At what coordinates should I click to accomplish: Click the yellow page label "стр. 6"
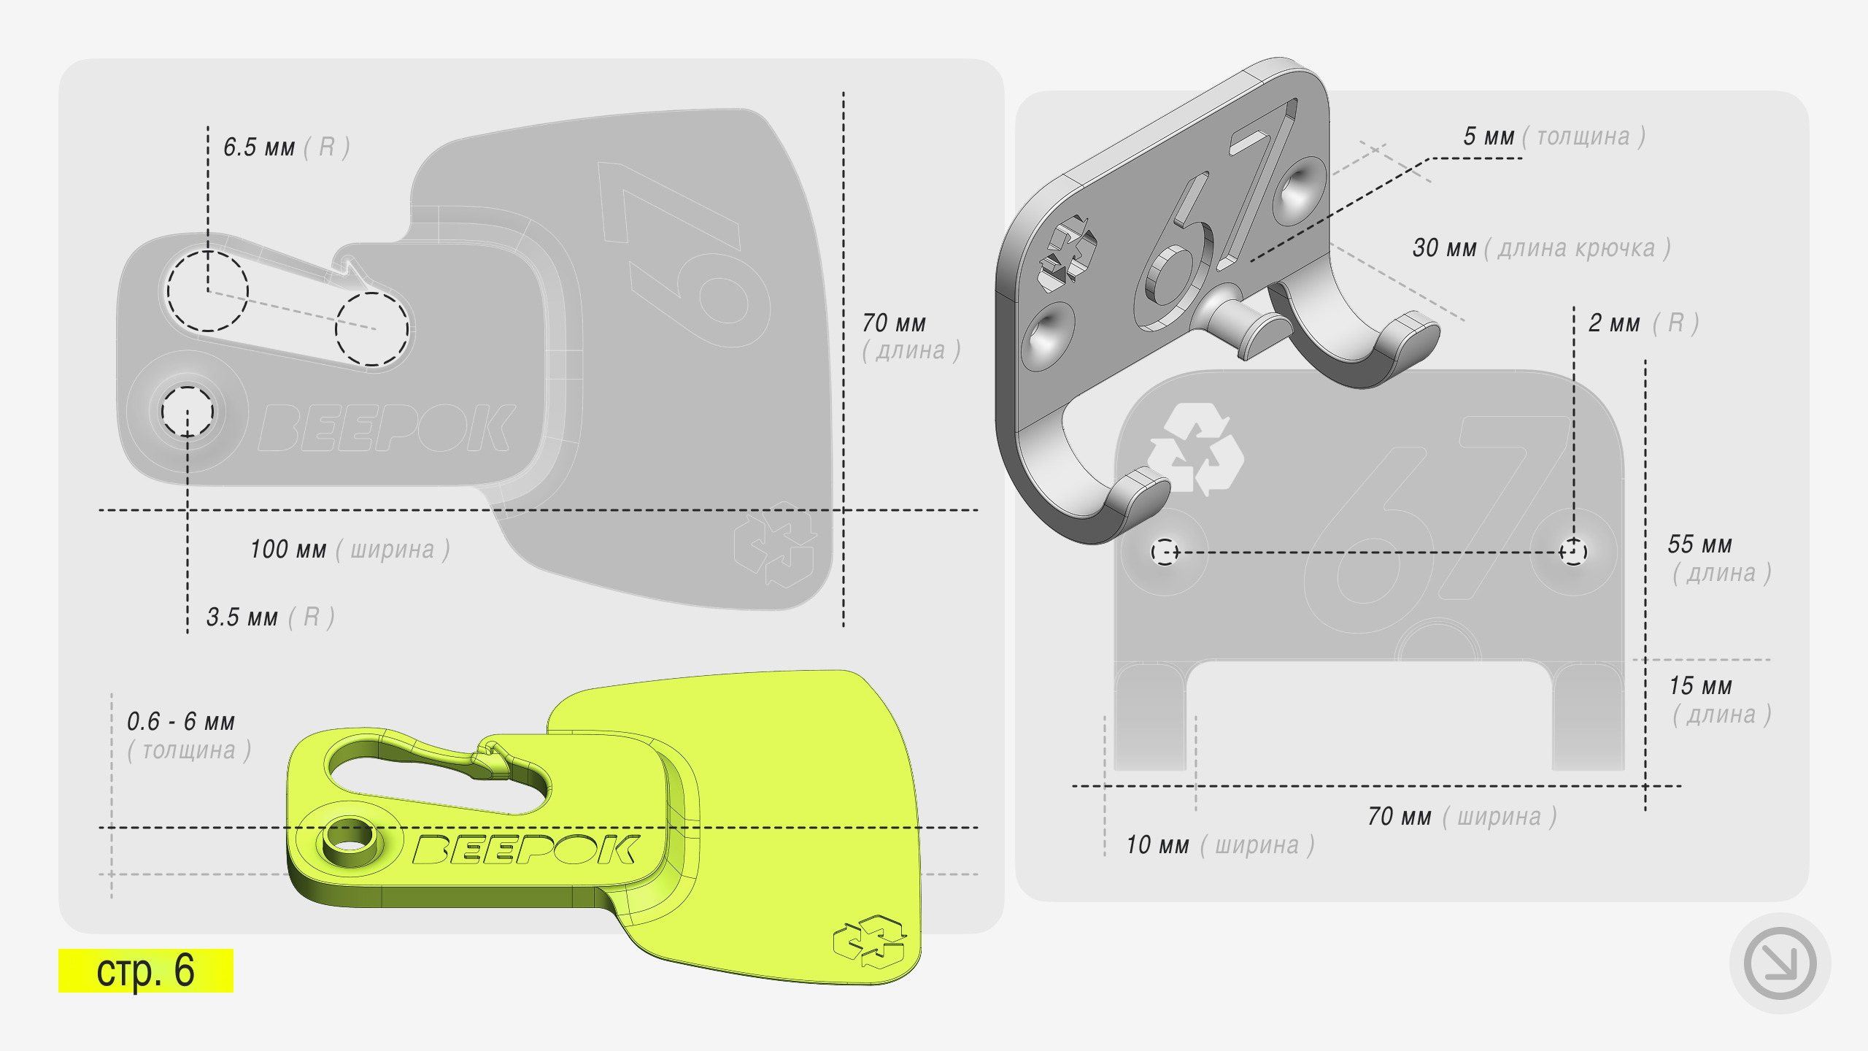(x=145, y=970)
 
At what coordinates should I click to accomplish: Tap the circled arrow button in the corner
(x=1780, y=963)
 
